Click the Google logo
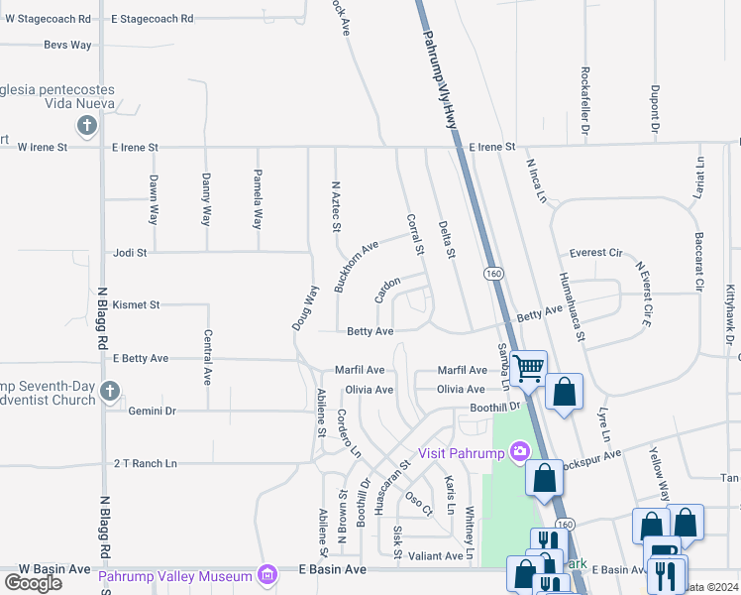click(x=33, y=583)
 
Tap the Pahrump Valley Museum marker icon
click(x=266, y=573)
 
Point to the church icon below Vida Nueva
click(x=87, y=126)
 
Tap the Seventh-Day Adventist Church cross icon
click(x=110, y=393)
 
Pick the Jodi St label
click(x=130, y=253)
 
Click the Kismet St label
click(x=136, y=304)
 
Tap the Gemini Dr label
click(x=152, y=410)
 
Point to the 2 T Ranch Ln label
click(x=145, y=463)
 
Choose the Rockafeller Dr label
click(x=585, y=101)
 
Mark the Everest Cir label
click(x=594, y=253)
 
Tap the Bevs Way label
click(x=67, y=45)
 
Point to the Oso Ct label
click(x=420, y=504)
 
